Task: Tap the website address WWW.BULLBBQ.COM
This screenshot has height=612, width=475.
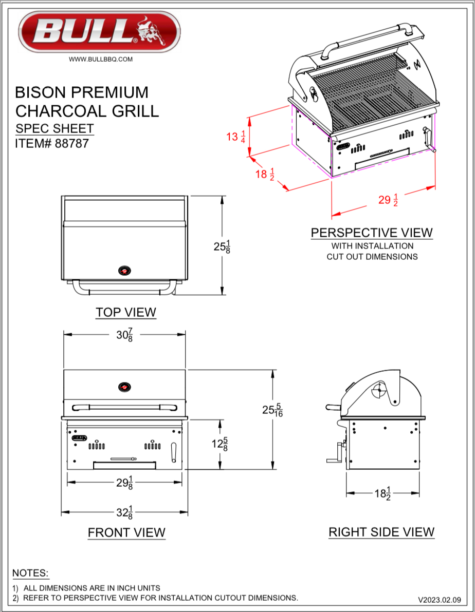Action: [101, 59]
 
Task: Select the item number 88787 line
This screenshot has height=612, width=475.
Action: [52, 143]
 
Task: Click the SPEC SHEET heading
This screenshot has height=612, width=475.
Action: [54, 128]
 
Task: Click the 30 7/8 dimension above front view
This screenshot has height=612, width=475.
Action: [124, 335]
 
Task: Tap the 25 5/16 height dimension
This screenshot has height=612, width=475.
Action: [272, 410]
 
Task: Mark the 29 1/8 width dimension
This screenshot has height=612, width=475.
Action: [125, 483]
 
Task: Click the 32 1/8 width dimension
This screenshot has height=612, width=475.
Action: [124, 512]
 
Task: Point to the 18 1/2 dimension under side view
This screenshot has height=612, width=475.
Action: [382, 493]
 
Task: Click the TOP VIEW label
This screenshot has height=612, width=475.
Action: [125, 312]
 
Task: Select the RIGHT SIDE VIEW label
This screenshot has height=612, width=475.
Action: [381, 532]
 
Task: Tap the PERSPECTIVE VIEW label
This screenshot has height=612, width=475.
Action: [372, 233]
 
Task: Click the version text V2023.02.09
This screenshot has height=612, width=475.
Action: [440, 599]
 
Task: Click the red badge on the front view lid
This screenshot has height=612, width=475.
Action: [124, 387]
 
